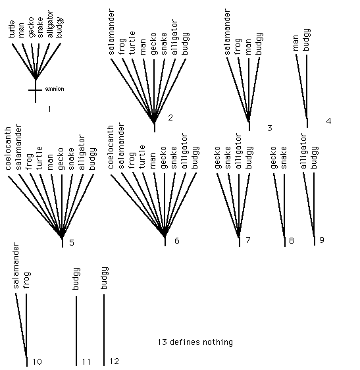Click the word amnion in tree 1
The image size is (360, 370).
coord(55,89)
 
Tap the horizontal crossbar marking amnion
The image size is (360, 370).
coord(35,90)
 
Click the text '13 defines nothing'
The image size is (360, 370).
coord(195,342)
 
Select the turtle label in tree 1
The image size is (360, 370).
coord(11,29)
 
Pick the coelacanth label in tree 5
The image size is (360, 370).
coord(8,148)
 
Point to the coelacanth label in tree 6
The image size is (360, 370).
coord(111,147)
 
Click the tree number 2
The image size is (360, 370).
coord(170,117)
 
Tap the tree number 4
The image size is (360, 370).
coord(328,121)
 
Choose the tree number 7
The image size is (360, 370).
coord(248,240)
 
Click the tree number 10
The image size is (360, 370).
coord(37,361)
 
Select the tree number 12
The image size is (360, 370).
coord(115,361)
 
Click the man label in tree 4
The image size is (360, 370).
coord(296,43)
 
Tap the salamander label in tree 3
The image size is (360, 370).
coord(226,32)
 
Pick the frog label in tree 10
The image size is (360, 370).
coord(26,280)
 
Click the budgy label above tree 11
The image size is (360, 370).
coord(76,278)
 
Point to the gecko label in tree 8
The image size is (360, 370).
coord(273,157)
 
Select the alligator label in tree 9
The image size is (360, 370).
coord(303,151)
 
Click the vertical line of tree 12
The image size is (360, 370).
coord(104,330)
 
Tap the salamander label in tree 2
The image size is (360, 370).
coord(111,32)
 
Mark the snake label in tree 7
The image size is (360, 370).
coord(228,157)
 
